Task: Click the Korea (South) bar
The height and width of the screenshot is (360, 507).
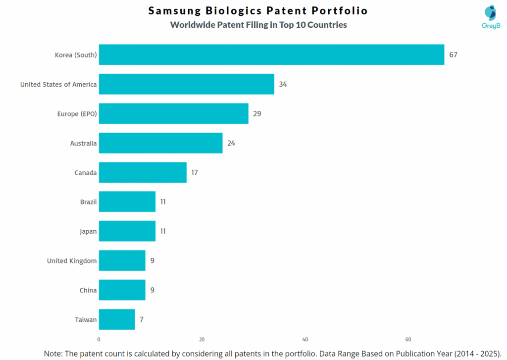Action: click(x=271, y=54)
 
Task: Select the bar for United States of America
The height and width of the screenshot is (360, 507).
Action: click(x=186, y=84)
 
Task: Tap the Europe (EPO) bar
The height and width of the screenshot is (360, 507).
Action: click(x=173, y=113)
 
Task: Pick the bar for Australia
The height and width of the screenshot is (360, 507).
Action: click(x=160, y=143)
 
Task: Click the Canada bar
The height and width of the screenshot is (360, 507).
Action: click(x=143, y=172)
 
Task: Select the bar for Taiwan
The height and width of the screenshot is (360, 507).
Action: click(x=117, y=319)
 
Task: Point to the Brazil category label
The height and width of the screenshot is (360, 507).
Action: click(x=88, y=202)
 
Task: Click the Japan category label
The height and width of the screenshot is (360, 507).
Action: click(x=88, y=231)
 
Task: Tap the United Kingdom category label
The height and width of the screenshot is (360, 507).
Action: click(x=72, y=260)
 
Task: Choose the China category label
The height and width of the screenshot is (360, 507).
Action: click(x=88, y=290)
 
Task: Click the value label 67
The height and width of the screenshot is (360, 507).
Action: click(x=453, y=54)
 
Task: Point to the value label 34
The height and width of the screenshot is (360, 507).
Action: click(x=283, y=84)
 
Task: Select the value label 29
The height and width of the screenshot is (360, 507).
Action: click(x=257, y=113)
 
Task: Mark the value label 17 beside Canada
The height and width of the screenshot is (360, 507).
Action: click(x=195, y=172)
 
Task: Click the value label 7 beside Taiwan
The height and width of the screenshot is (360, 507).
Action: click(x=142, y=319)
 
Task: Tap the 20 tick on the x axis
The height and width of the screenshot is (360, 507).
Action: click(x=202, y=340)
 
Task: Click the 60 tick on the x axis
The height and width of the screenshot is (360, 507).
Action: click(x=408, y=340)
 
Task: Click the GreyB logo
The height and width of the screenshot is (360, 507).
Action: click(x=491, y=17)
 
